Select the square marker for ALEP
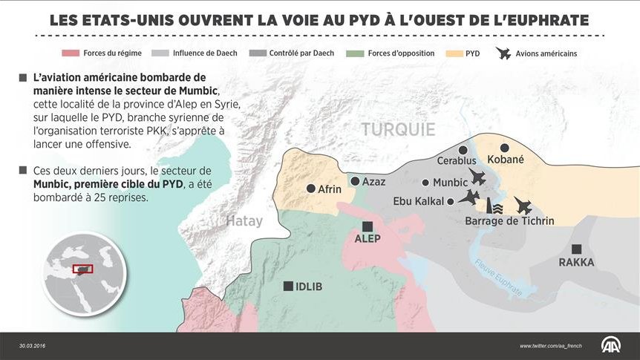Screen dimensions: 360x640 coord(367,226)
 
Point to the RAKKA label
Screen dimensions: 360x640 coord(576,262)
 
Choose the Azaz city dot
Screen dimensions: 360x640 coord(356,181)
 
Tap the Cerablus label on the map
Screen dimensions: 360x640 coord(456,160)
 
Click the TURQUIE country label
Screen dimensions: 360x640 coord(398,130)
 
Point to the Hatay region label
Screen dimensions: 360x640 coord(244,220)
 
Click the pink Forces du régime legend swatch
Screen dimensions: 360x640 coord(71,53)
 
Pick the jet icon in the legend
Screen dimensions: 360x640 coord(505,53)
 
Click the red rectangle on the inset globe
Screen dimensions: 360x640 coord(82,269)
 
